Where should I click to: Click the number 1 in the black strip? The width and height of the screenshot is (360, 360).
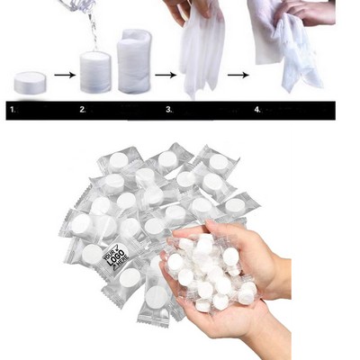coord(13,110)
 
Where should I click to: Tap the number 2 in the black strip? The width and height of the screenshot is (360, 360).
coord(83,110)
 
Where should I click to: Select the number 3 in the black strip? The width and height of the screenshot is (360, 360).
coord(168,110)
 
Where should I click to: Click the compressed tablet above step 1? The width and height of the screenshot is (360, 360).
coord(31,84)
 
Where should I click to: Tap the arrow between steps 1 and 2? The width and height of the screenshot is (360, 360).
coord(62,75)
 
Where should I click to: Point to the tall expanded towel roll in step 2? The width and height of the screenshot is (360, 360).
coord(133,63)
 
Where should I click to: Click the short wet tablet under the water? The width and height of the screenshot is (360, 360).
coord(94,72)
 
